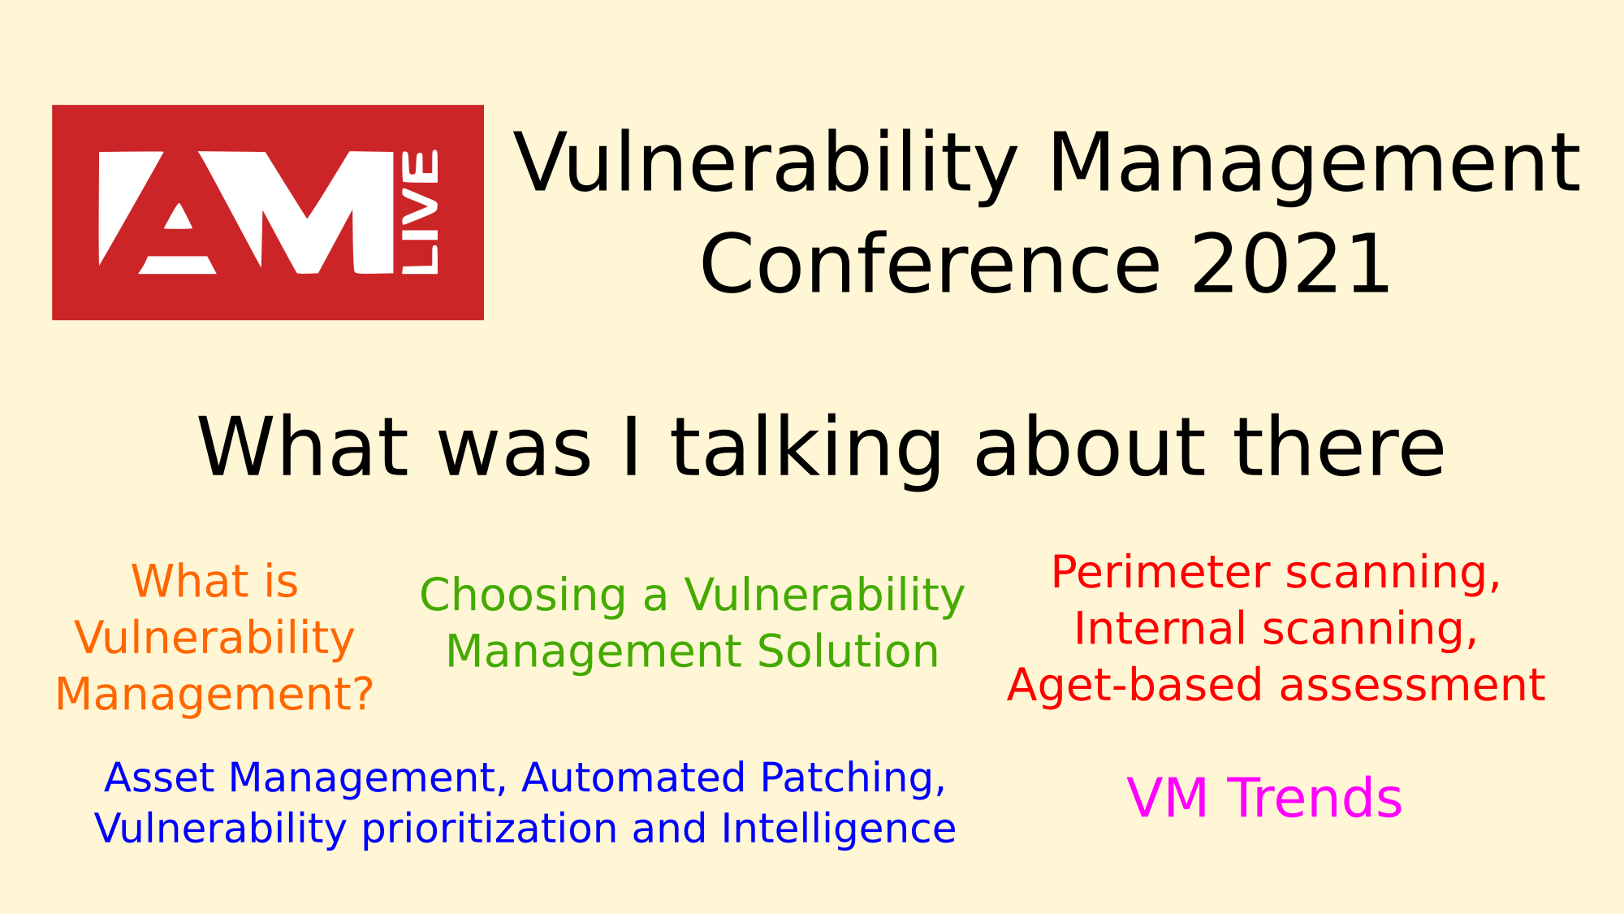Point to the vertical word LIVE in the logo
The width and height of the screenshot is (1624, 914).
tap(421, 212)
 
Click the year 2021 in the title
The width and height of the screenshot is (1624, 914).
tap(1290, 265)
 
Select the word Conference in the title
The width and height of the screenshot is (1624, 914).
tap(930, 265)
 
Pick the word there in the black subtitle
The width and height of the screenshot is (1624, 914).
tap(1340, 447)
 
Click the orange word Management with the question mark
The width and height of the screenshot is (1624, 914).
tap(214, 695)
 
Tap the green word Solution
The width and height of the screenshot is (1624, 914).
tap(848, 652)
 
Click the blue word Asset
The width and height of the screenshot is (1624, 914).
tap(159, 778)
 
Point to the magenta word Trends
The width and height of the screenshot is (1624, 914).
tap(1315, 798)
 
